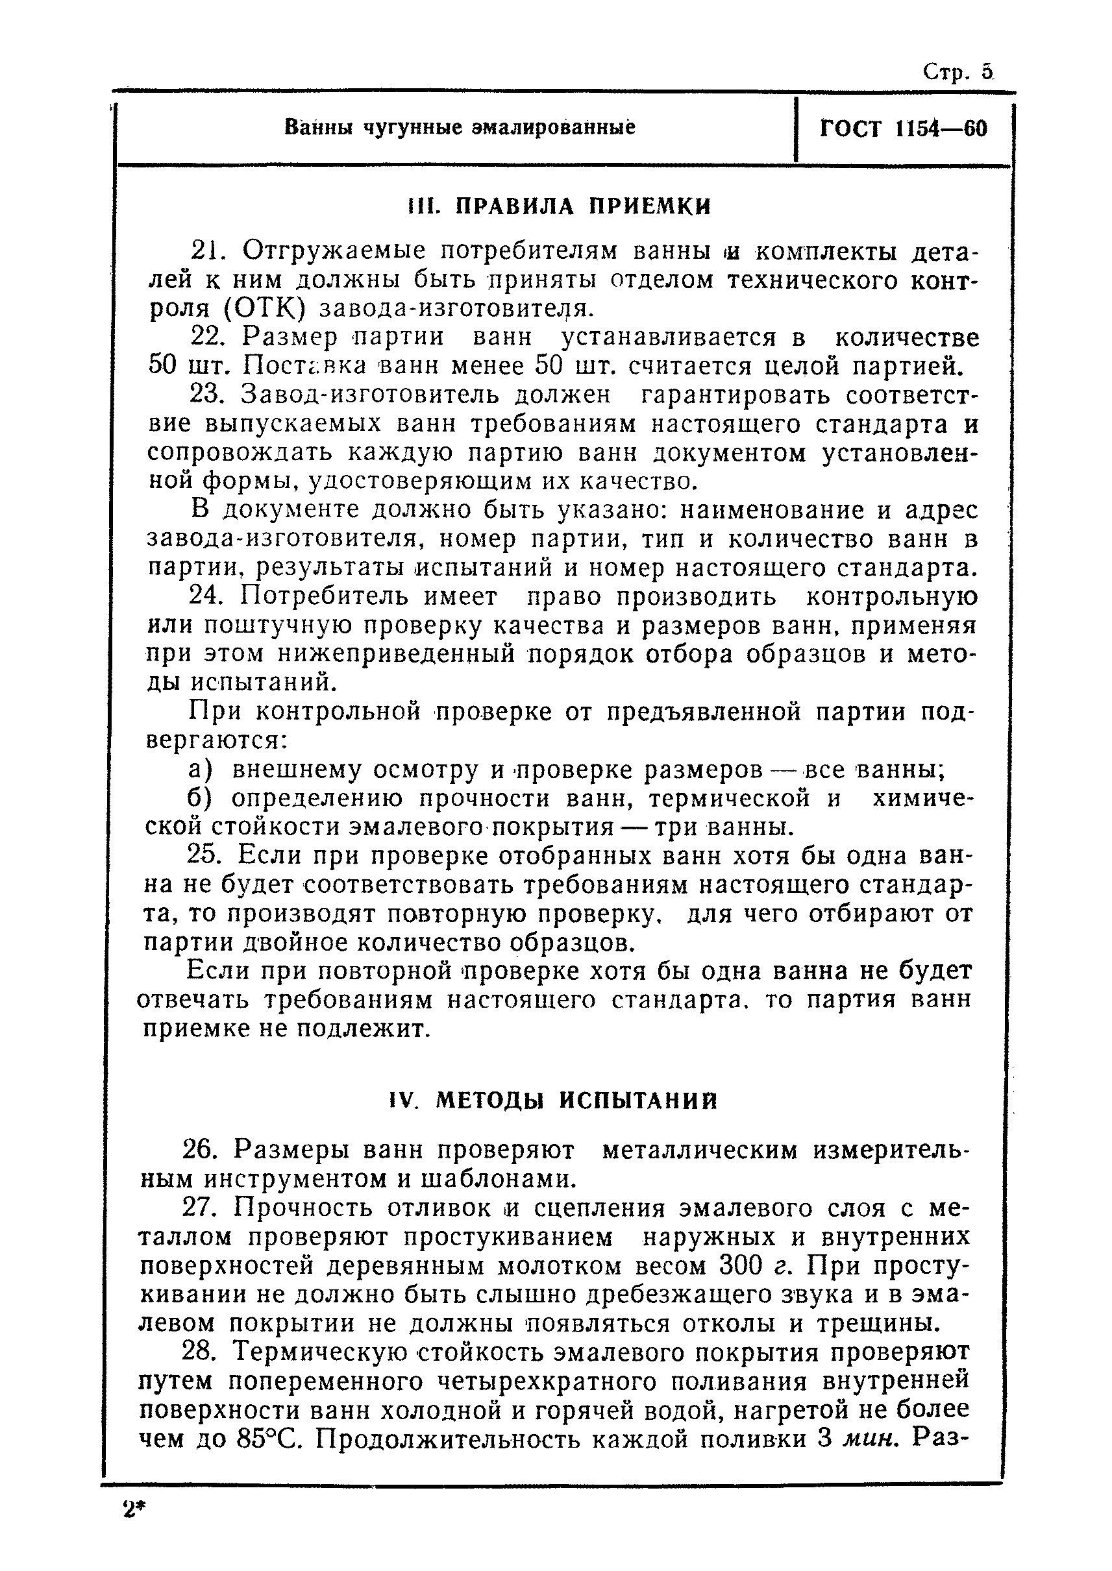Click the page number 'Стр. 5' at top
pos(958,72)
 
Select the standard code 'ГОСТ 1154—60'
pos(903,128)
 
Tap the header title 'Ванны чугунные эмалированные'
pos(460,127)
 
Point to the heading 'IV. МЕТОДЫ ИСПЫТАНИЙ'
pos(553,1101)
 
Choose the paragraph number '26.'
pos(200,1150)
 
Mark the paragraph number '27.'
pos(200,1208)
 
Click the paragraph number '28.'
pos(200,1352)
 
